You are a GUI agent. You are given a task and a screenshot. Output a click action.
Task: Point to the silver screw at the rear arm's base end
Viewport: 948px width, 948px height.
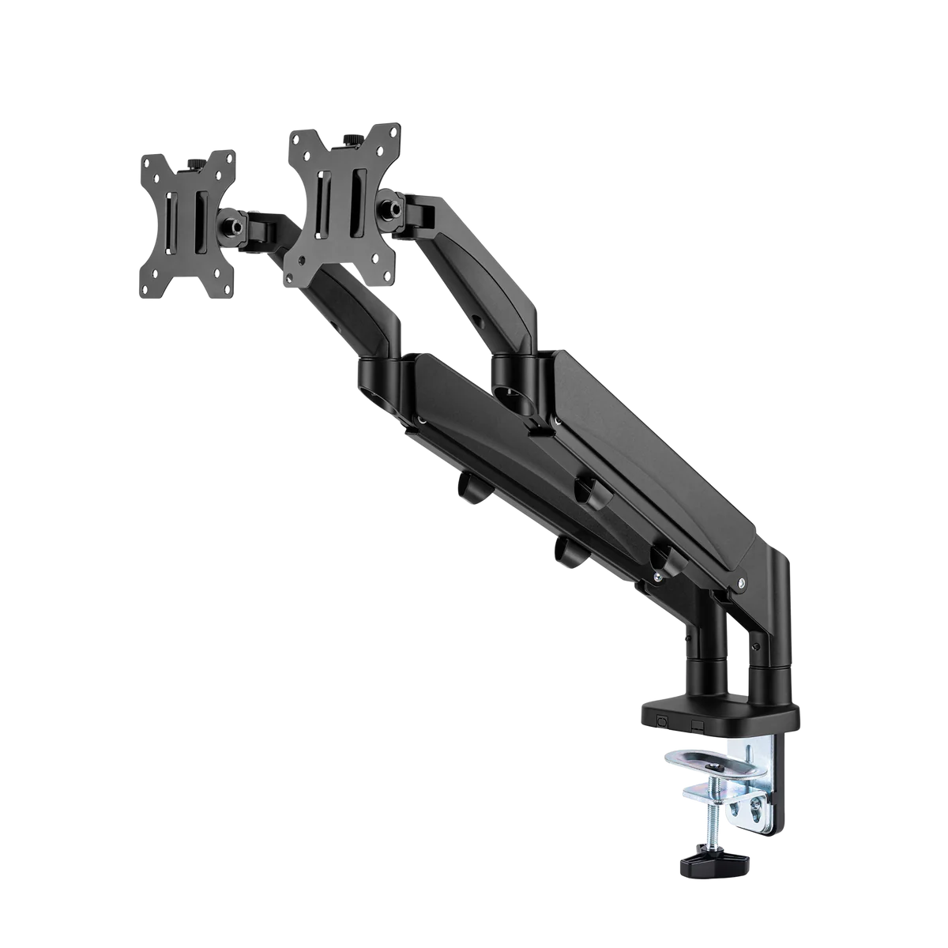(741, 584)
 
